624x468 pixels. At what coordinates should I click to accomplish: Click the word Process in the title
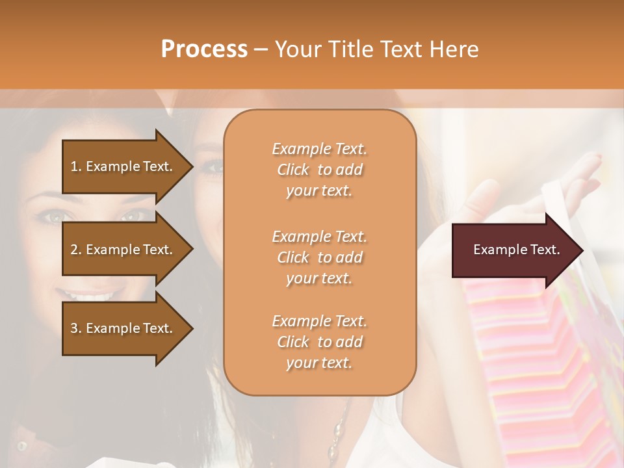204,49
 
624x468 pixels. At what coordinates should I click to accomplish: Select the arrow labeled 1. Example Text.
123,166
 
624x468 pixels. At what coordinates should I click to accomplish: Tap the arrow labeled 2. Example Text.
123,250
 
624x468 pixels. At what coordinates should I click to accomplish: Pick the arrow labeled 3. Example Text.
123,328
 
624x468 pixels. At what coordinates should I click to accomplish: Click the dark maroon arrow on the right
513,250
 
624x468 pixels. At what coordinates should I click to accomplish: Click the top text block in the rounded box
319,170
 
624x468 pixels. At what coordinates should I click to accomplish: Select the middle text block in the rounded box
319,257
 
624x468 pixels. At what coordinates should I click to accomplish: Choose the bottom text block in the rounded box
319,342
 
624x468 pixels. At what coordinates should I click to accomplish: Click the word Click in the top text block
293,170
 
